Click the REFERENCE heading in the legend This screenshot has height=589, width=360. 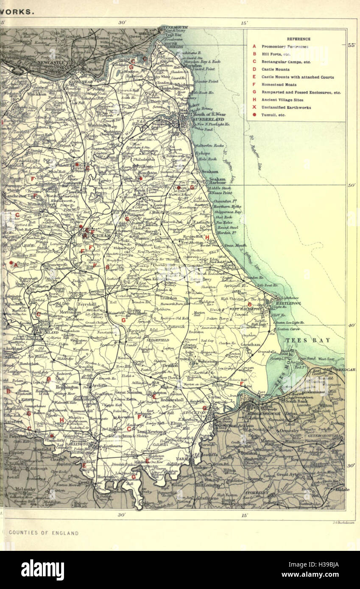pos(299,39)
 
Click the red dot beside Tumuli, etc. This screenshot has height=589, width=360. pos(254,115)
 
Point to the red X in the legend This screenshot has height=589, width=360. pos(254,107)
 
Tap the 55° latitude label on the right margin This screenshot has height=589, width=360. pos(351,46)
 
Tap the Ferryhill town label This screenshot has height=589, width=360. pos(87,304)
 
